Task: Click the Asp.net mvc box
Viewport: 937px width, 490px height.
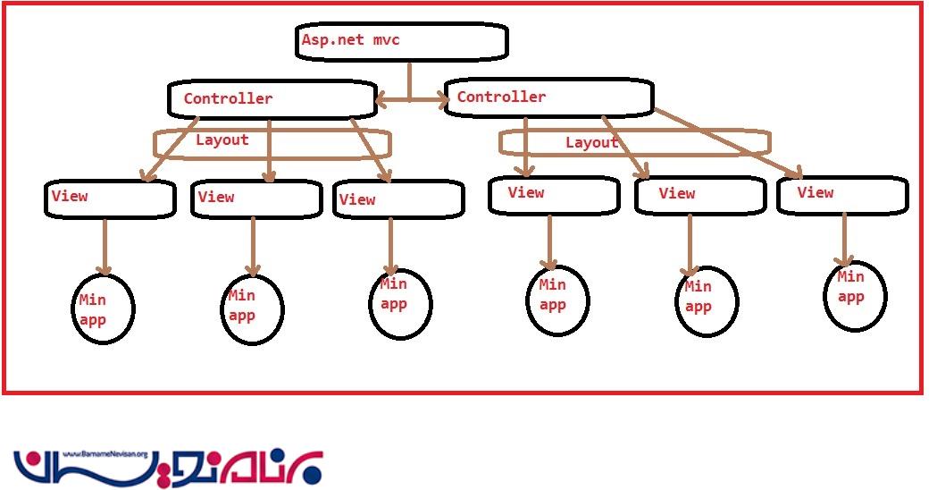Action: (402, 41)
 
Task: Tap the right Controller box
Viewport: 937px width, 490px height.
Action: (548, 97)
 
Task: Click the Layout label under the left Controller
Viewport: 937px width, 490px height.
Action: (222, 140)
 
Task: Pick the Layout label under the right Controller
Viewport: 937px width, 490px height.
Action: (591, 143)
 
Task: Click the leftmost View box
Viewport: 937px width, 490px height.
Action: (109, 199)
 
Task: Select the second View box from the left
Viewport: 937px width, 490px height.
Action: (256, 199)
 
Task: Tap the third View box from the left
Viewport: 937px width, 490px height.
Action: (399, 199)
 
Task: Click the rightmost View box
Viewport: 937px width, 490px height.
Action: (842, 195)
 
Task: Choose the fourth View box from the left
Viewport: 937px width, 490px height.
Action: (554, 195)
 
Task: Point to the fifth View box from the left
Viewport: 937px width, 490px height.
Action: (699, 195)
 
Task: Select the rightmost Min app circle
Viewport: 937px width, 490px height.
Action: (855, 296)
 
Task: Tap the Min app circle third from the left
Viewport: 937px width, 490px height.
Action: (400, 303)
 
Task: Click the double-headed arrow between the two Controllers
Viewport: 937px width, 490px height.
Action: (411, 102)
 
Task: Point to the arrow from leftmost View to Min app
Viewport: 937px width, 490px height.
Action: (105, 246)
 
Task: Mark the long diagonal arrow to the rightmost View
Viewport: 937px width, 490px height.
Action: (728, 142)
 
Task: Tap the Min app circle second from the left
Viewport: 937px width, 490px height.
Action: (252, 309)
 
